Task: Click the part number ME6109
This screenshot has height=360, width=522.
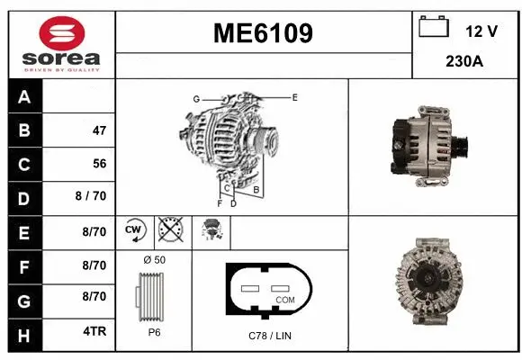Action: (263, 34)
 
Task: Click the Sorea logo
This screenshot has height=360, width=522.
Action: (61, 44)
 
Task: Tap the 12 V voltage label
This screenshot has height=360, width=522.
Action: (481, 31)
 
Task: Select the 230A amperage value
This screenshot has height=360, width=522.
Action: (464, 62)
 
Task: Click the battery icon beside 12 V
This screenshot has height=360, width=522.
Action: (434, 28)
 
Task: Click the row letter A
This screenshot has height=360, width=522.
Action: (24, 97)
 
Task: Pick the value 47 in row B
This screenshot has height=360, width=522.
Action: (99, 130)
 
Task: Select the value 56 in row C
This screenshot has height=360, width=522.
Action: (99, 164)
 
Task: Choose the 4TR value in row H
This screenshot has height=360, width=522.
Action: (94, 330)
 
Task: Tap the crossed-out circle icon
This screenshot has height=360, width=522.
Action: (169, 231)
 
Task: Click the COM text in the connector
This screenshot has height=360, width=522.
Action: (284, 299)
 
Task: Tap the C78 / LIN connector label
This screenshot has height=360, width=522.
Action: (269, 335)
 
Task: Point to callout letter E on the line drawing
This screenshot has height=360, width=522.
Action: (294, 96)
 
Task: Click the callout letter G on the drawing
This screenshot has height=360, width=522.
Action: (195, 98)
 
